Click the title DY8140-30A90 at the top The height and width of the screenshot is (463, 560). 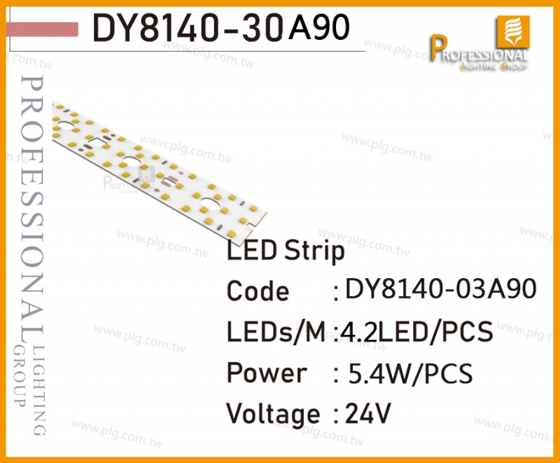(x=220, y=28)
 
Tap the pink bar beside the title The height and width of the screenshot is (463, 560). (x=42, y=29)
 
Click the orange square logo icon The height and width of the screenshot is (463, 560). (x=513, y=32)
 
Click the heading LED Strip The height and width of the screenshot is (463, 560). (x=286, y=251)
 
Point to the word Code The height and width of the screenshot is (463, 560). (x=258, y=291)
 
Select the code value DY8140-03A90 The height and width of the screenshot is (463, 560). (x=441, y=289)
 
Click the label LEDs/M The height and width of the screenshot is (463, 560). (x=276, y=332)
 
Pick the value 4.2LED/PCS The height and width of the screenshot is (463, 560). (x=416, y=331)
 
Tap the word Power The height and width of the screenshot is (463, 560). (x=267, y=373)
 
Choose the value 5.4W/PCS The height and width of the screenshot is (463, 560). (x=410, y=373)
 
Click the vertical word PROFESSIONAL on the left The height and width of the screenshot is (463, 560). (x=32, y=207)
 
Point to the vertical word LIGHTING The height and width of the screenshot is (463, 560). (x=39, y=390)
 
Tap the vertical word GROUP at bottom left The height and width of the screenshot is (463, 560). (x=20, y=376)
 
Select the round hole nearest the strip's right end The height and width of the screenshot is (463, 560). (x=211, y=204)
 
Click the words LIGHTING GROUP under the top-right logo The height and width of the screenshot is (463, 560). (x=495, y=65)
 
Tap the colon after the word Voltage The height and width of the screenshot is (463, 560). (x=336, y=415)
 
